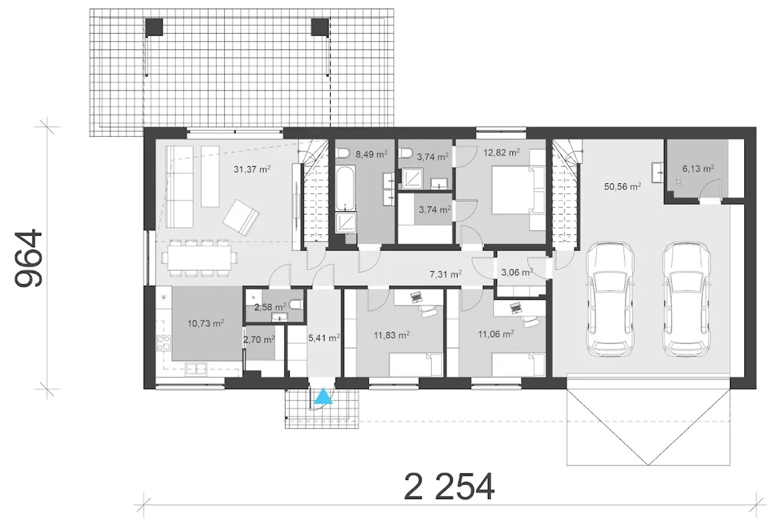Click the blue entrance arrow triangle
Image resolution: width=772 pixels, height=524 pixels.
[323, 396]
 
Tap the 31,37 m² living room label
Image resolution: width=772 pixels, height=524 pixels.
[252, 169]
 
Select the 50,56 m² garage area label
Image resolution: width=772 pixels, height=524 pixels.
[622, 186]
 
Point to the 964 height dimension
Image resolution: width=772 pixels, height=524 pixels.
[28, 258]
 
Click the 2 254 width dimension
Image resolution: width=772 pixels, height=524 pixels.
[449, 487]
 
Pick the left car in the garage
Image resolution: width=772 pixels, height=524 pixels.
[610, 299]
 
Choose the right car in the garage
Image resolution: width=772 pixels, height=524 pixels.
[686, 299]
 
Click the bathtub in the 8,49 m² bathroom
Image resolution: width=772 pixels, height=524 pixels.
[345, 189]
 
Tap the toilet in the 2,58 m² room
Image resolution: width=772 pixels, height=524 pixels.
[297, 305]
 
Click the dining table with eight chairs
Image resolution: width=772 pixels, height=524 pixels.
[199, 258]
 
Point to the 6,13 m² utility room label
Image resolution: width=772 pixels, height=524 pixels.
[698, 168]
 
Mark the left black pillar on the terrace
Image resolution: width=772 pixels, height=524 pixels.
[154, 27]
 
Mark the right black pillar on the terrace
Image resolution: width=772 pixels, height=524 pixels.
[320, 27]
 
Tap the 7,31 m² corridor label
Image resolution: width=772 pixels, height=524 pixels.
[446, 274]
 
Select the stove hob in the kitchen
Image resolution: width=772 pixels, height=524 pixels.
[163, 342]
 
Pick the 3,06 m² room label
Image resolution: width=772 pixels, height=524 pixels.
[517, 272]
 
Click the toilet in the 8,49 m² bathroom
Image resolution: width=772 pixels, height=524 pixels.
[343, 153]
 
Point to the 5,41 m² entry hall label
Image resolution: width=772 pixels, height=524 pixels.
[324, 338]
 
